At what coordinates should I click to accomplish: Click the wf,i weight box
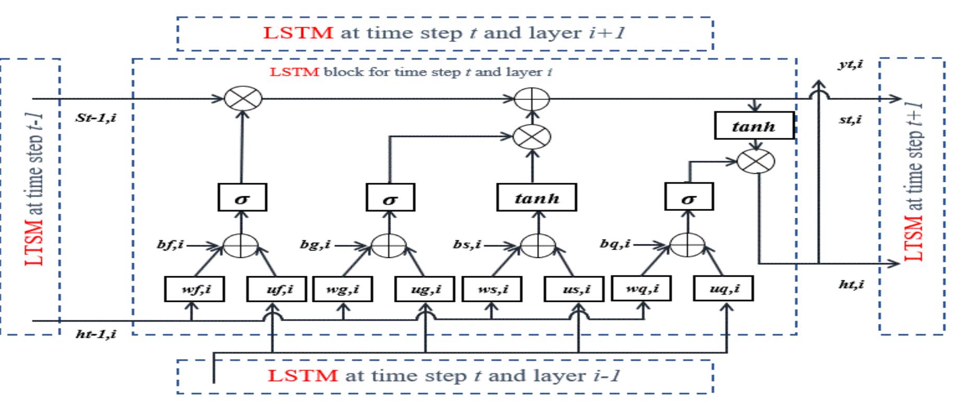194,289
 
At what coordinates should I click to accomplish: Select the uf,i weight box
277,289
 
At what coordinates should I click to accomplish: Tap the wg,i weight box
342,289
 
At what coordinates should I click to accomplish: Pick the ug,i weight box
425,289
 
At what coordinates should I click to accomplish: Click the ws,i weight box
492,289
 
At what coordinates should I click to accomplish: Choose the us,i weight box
574,289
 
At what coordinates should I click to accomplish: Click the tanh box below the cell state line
754,126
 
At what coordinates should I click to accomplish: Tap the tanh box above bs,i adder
536,198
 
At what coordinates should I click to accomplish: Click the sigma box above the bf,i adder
242,198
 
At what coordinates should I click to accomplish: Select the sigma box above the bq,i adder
689,197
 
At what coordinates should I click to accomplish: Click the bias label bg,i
315,244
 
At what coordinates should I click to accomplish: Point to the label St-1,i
96,118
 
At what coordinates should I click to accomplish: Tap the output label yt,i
850,65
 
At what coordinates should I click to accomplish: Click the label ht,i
851,285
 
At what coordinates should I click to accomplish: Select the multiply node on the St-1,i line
243,99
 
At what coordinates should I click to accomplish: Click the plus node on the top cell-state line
532,99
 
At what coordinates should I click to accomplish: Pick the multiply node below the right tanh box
756,161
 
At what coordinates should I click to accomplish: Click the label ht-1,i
96,334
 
